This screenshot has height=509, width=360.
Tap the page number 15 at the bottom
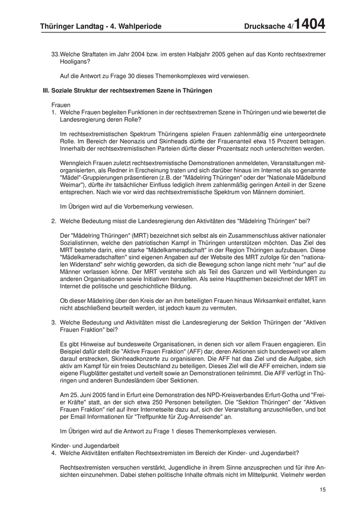[x=322, y=490]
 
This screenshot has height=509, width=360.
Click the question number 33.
[x=56, y=54]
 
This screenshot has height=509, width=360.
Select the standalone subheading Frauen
[x=61, y=104]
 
